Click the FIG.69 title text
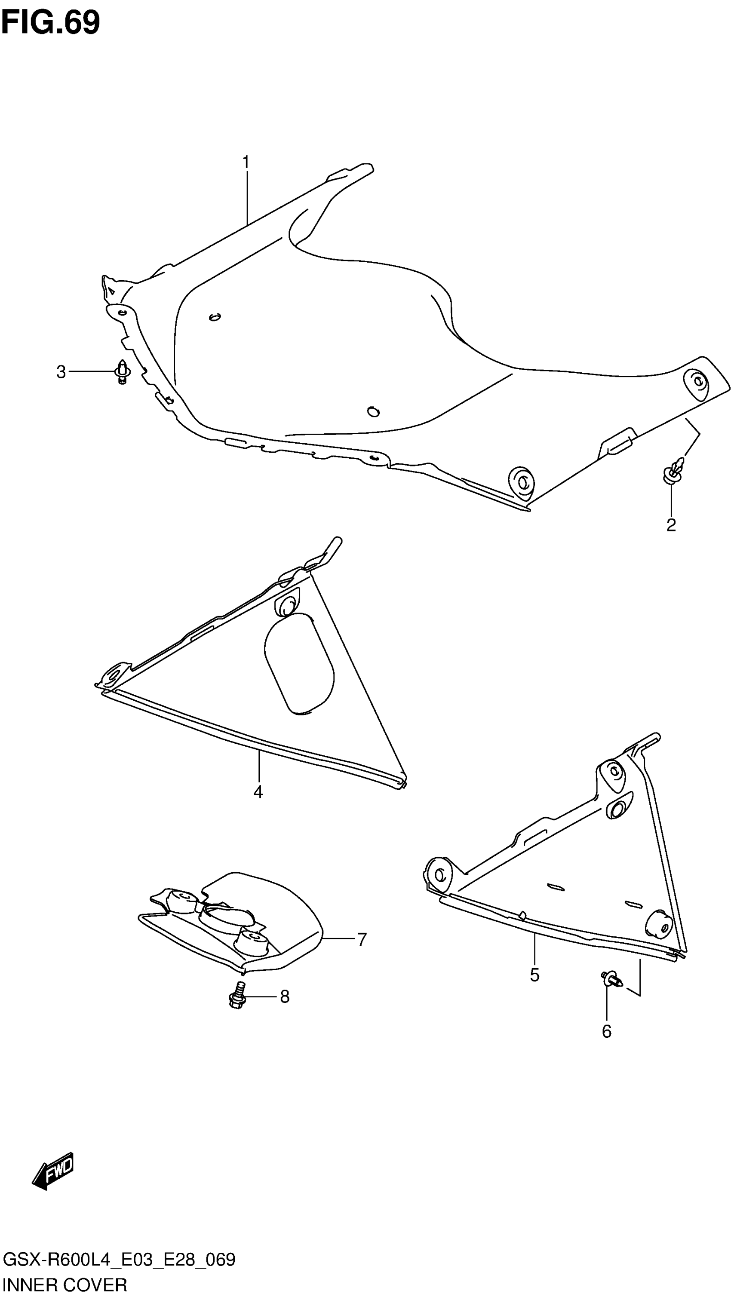50,22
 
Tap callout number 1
246,162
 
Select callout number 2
671,525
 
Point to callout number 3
61,372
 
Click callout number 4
258,792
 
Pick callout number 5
534,975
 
